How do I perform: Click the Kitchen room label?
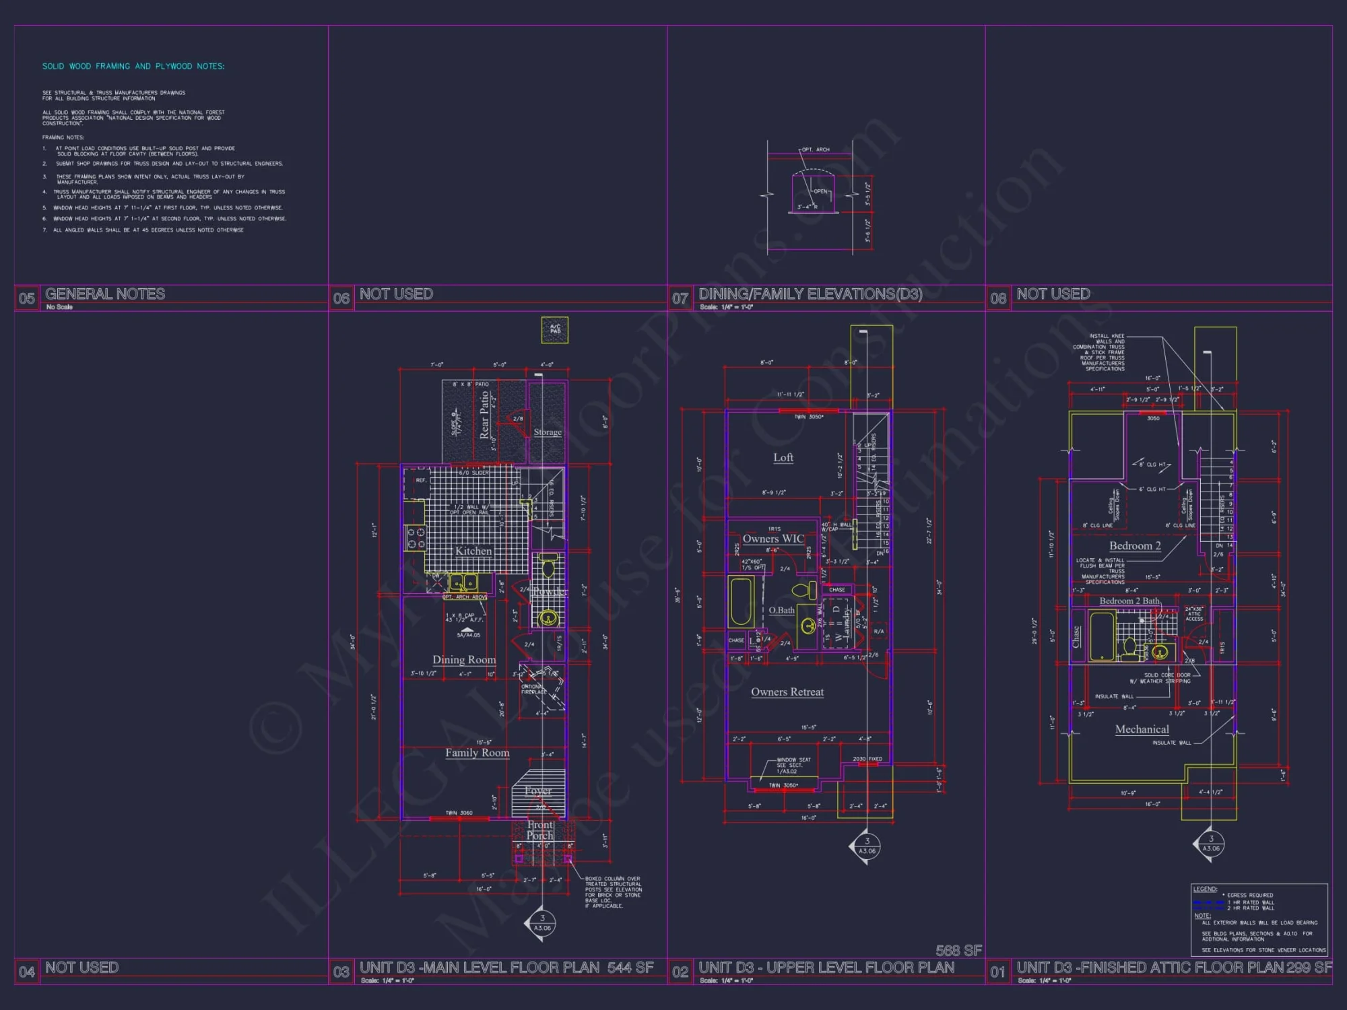[473, 551]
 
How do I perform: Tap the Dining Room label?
[464, 660]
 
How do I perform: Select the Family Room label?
[477, 753]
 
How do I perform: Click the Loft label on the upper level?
[783, 458]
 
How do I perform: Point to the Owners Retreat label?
[787, 692]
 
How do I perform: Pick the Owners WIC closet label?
[773, 539]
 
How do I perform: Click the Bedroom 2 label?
[1135, 546]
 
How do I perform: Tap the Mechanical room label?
[1142, 729]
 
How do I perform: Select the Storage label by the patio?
[548, 432]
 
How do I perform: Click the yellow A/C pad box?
[555, 329]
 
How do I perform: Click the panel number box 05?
[27, 298]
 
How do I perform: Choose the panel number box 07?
[680, 298]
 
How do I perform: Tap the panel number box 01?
[997, 972]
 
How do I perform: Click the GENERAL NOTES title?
[105, 294]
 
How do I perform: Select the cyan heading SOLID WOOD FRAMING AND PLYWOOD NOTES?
[133, 66]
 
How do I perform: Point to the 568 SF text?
[958, 950]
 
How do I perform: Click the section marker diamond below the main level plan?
[542, 922]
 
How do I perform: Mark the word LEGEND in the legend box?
[1205, 889]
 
